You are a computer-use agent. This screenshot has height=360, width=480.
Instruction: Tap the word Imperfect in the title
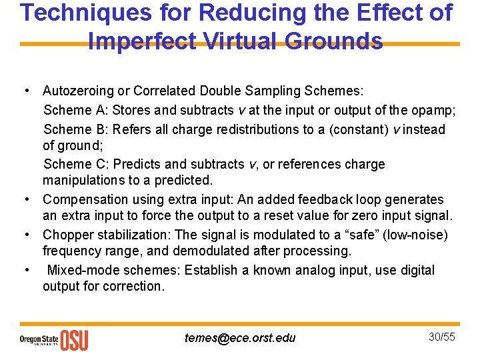[141, 41]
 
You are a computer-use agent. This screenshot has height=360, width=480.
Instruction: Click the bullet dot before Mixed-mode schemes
[26, 270]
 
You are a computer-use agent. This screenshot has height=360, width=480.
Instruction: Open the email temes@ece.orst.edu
[240, 338]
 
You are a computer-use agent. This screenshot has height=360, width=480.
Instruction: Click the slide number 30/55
[441, 337]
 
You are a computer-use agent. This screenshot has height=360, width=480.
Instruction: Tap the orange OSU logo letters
[74, 340]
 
